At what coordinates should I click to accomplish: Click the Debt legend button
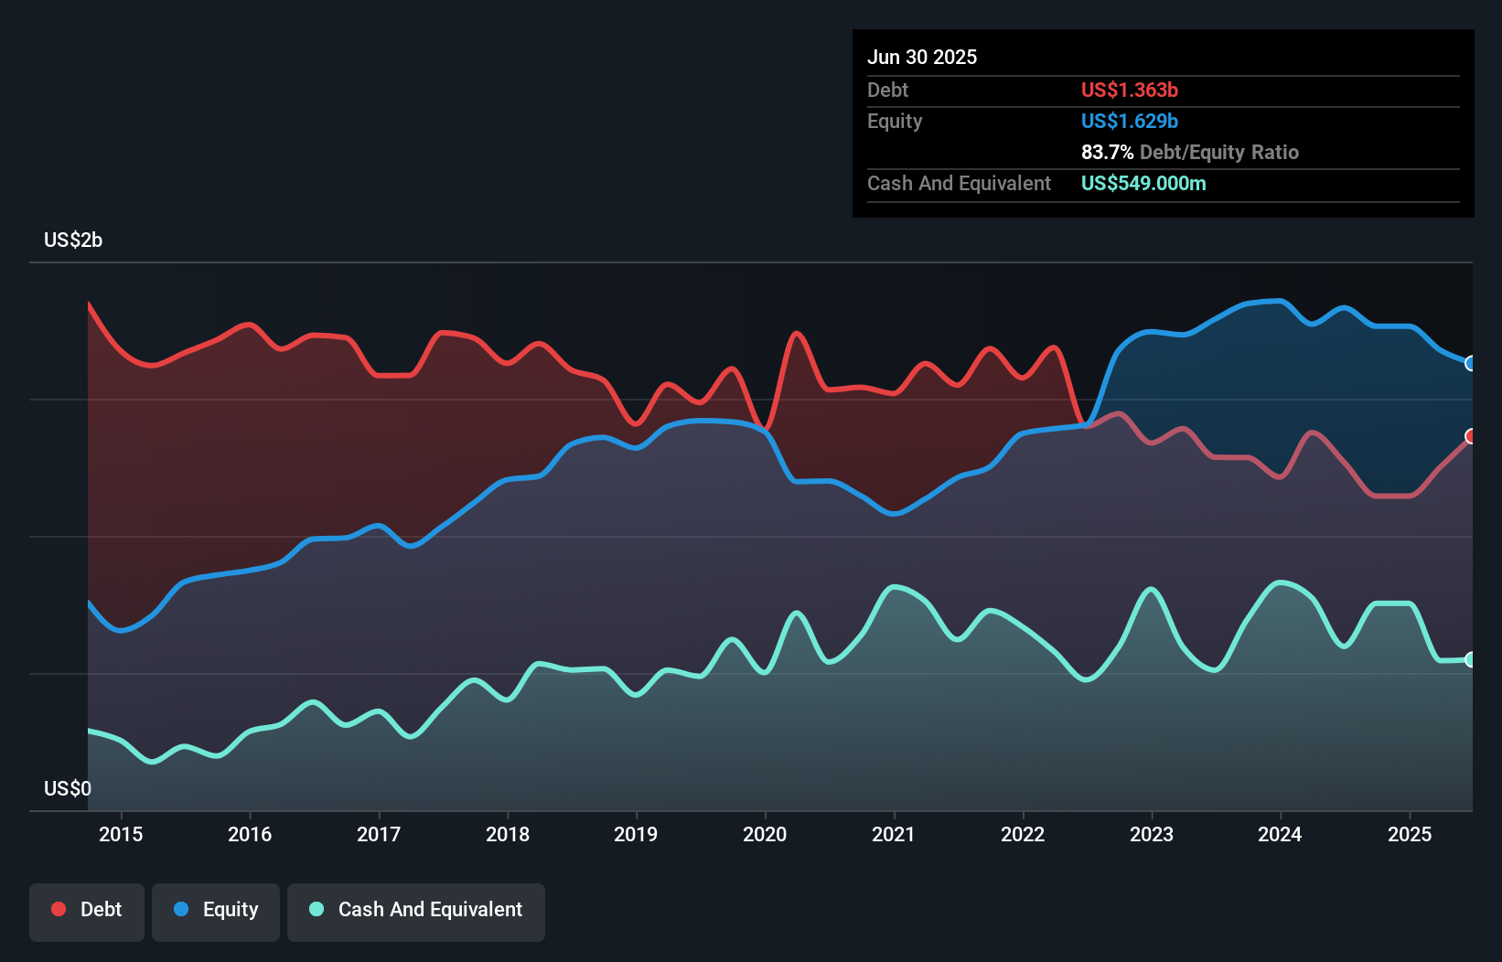pos(86,911)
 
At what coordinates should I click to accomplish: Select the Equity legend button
pos(216,911)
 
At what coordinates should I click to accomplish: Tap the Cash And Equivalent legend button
pos(416,911)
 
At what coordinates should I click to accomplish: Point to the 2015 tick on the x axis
pos(121,834)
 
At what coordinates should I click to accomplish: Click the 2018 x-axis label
pos(508,834)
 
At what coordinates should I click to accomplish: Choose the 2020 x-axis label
pos(765,834)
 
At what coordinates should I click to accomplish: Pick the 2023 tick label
pos(1152,834)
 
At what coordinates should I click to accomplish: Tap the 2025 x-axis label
pos(1410,834)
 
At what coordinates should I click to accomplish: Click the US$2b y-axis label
pos(73,240)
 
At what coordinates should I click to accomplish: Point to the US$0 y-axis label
pos(68,788)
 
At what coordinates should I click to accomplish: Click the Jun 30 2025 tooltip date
pos(922,58)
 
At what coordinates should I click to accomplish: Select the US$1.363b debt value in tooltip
pos(1130,91)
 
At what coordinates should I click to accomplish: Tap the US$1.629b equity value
pos(1130,122)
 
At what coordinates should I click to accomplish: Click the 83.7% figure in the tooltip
pos(1107,153)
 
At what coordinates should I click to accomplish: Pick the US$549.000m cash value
pos(1143,184)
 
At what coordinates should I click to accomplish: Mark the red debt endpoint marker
pos(1471,436)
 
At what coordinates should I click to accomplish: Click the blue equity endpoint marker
pos(1471,363)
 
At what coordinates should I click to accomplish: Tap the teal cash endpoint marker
pos(1471,659)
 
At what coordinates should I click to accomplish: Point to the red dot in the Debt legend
pos(59,910)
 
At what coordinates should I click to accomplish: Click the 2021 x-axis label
pos(894,834)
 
